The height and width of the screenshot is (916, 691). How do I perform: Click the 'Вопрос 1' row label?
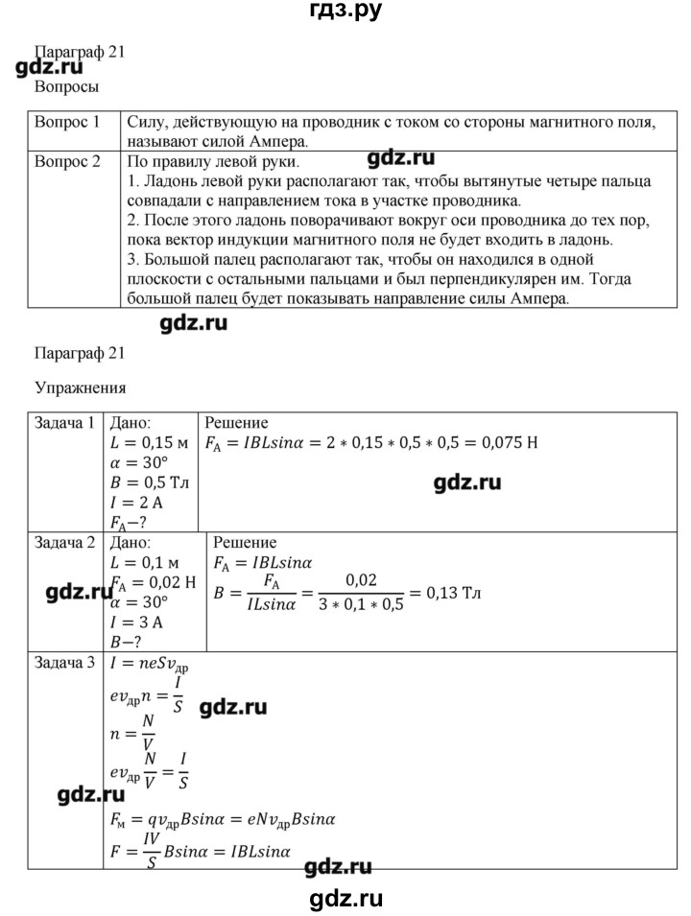coord(67,123)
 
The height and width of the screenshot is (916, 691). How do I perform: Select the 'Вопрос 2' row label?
coord(67,162)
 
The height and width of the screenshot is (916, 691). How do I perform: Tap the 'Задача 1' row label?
coord(64,423)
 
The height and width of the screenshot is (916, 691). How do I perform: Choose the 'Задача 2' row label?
coord(64,542)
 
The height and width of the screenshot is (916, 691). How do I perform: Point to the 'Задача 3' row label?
coord(64,662)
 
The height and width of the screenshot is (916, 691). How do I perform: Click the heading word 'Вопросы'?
coord(67,86)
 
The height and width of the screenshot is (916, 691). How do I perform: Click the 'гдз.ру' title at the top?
coord(344,12)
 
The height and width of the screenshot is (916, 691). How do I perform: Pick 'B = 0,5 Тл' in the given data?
coord(150,481)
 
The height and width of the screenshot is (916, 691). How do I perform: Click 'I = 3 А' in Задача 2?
coord(138,621)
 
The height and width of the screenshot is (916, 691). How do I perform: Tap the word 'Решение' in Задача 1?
coord(236,423)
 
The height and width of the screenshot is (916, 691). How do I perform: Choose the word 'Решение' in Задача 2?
coord(245,542)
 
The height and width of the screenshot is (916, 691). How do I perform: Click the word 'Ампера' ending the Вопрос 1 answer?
coord(289,141)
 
